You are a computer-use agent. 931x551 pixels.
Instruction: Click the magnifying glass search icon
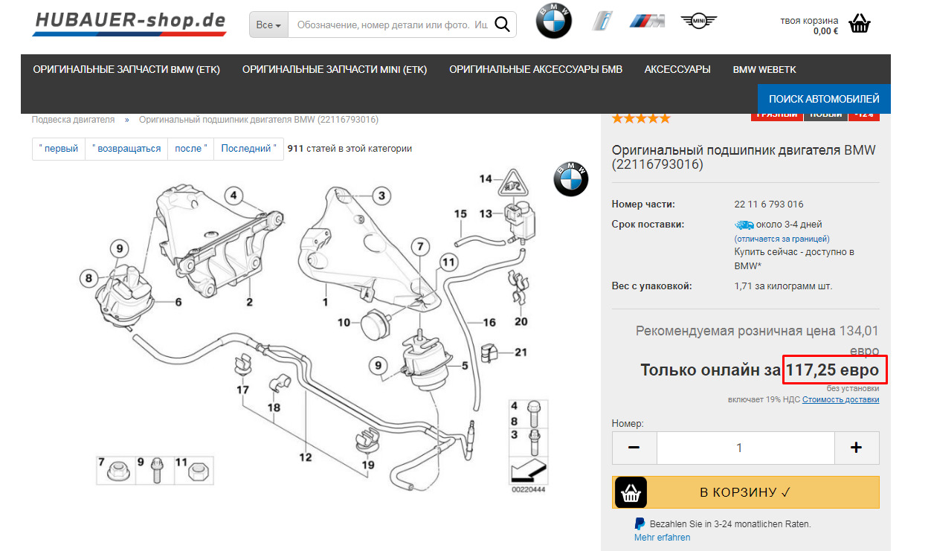(502, 25)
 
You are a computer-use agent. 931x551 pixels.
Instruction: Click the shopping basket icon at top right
(859, 24)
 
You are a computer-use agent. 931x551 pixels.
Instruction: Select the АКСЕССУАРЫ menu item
(677, 69)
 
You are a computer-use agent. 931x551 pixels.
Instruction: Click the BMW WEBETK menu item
(764, 69)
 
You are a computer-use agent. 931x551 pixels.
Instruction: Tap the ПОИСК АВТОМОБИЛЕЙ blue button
(824, 98)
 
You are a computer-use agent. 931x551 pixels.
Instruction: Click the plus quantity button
(856, 448)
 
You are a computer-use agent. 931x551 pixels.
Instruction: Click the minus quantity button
(634, 448)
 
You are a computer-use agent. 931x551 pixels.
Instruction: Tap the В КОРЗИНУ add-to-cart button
(745, 492)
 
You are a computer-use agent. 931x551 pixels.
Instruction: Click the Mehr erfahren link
(662, 537)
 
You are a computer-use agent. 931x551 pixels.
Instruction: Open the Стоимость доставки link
(840, 399)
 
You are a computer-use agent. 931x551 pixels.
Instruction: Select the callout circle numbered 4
(233, 196)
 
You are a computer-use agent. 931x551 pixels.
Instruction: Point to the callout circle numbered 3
(381, 196)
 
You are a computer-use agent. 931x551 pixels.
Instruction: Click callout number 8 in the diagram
(88, 279)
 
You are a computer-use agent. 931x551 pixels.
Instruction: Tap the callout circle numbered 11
(448, 262)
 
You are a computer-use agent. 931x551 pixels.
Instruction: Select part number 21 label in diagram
(521, 352)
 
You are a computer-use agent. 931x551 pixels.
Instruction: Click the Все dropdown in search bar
(268, 25)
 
